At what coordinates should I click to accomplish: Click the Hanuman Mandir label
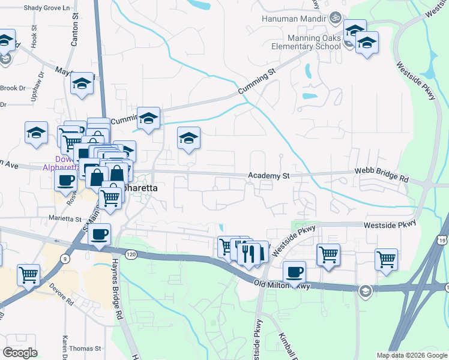(294, 18)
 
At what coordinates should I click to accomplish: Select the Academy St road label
(270, 176)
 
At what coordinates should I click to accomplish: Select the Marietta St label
(65, 218)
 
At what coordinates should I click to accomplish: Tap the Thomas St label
(85, 348)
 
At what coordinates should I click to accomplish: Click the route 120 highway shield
(132, 254)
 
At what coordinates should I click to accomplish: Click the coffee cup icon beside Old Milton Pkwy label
(294, 272)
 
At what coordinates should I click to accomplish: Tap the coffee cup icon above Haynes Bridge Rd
(100, 234)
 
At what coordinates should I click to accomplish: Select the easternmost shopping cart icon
(387, 260)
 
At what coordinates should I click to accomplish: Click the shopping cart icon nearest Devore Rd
(29, 275)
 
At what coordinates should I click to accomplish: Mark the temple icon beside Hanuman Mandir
(335, 18)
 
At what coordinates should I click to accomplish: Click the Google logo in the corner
(20, 353)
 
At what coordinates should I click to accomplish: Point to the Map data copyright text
(412, 355)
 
